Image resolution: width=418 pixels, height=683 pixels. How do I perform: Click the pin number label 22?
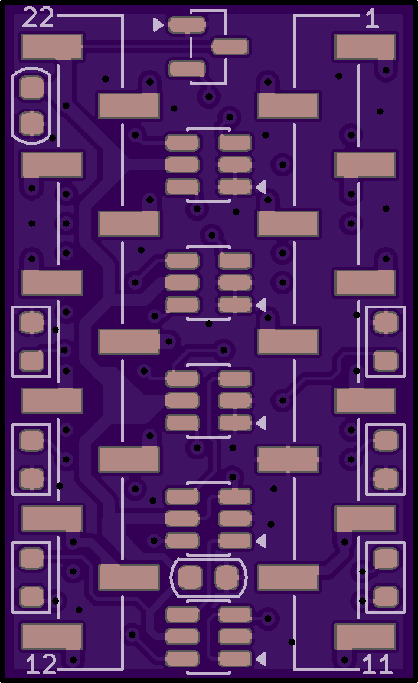(37, 18)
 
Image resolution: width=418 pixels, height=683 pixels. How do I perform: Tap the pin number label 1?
(371, 19)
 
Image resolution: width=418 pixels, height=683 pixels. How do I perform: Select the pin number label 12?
(41, 664)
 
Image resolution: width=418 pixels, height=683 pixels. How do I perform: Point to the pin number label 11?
(377, 665)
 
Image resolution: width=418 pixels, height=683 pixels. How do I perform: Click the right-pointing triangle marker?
(158, 25)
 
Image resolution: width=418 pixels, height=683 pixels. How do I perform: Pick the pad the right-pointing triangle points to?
(187, 25)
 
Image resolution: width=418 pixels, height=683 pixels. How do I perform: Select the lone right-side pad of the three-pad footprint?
(230, 47)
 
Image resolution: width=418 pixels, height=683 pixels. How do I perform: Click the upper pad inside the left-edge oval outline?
(32, 87)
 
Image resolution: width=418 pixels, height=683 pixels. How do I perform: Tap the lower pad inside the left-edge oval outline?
(32, 124)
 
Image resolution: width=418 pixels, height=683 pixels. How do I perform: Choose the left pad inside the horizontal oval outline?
(191, 577)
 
